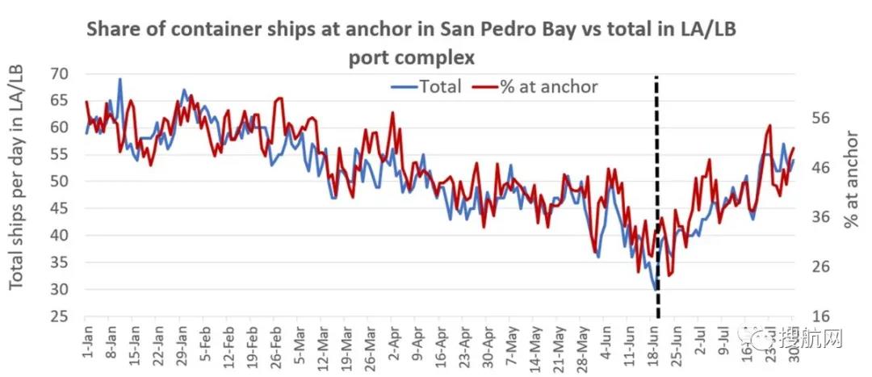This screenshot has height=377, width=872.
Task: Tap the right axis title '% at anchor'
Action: (852, 178)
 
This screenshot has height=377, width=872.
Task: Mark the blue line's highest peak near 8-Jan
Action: (120, 79)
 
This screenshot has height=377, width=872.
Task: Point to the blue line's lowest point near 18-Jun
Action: (655, 288)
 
